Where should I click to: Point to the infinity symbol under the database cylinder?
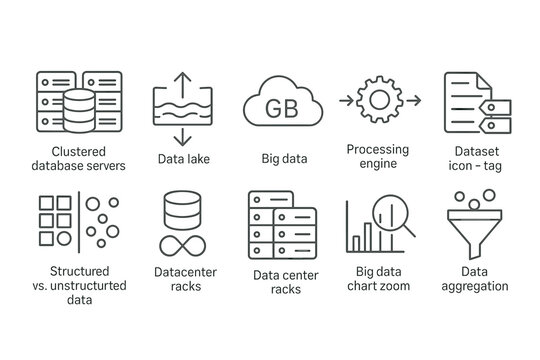(183, 246)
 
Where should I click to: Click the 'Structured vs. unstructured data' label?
(73, 284)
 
